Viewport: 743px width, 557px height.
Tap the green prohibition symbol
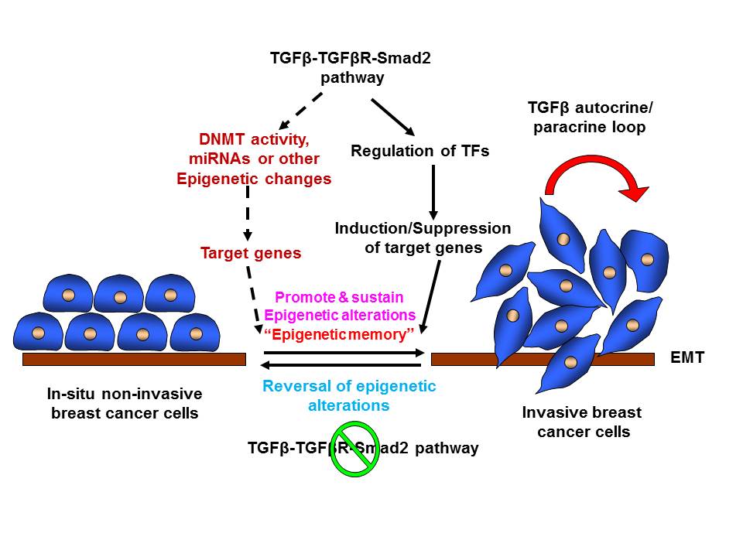click(355, 449)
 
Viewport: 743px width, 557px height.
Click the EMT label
click(687, 358)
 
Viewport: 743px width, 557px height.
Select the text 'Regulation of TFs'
click(419, 151)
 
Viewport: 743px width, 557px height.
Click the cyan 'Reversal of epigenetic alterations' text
click(349, 395)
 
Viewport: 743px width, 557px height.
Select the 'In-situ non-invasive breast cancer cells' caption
click(124, 403)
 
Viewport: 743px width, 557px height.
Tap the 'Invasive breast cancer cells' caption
click(582, 422)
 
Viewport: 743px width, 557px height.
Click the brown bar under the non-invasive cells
click(134, 359)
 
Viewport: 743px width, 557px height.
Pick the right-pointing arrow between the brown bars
click(344, 352)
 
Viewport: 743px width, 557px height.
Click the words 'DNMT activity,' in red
click(254, 142)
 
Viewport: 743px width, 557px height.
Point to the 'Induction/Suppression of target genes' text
click(423, 238)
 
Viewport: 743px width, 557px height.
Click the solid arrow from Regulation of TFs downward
click(433, 190)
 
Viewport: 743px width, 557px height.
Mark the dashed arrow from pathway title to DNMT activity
click(299, 113)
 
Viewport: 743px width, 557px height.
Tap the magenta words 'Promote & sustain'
click(339, 297)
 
